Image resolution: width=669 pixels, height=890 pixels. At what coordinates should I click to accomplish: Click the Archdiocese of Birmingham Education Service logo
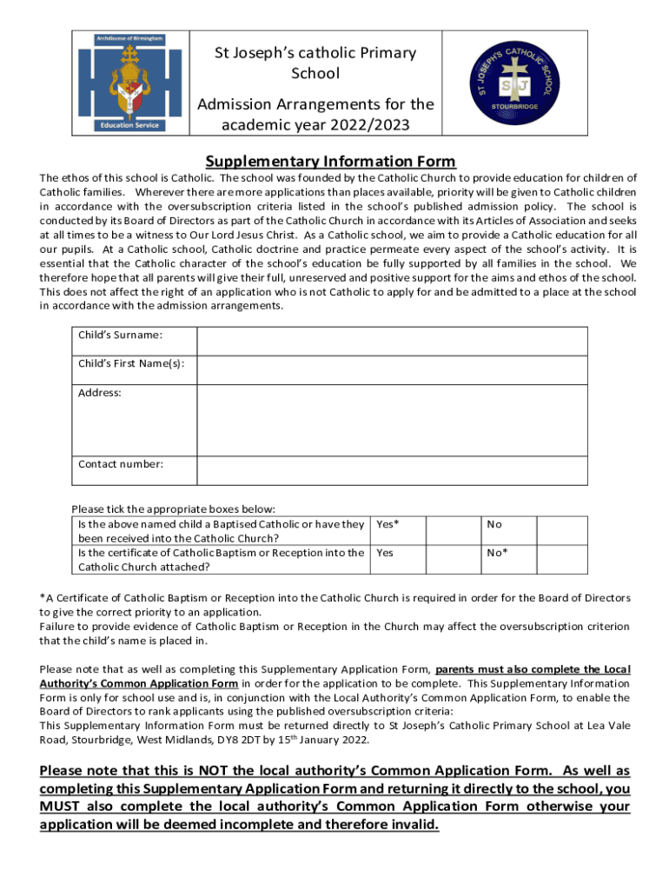click(128, 83)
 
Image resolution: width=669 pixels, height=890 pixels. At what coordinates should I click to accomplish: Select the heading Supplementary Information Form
click(330, 162)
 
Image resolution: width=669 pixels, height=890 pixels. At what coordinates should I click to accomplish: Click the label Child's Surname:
click(121, 335)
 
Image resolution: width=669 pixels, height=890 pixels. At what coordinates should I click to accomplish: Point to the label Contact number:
click(121, 463)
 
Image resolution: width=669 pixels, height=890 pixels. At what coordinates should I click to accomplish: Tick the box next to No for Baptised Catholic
click(562, 530)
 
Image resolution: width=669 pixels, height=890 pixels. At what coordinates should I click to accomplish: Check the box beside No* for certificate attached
click(562, 559)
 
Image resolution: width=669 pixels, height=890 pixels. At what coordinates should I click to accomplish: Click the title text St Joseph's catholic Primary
click(315, 54)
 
